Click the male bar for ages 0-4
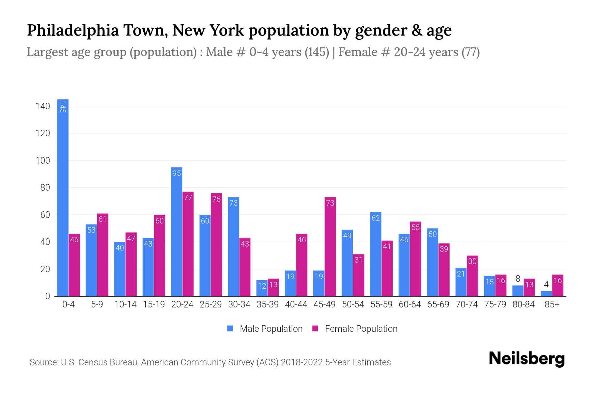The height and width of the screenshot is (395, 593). (x=63, y=197)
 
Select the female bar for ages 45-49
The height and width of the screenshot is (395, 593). (x=330, y=247)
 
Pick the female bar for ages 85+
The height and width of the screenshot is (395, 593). (x=558, y=286)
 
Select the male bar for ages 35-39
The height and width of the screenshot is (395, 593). (x=262, y=288)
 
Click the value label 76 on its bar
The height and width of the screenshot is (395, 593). (x=216, y=199)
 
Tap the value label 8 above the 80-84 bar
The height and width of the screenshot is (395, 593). (x=518, y=279)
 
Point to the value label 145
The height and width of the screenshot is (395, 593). (x=63, y=107)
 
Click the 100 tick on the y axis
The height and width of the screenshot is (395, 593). (x=43, y=161)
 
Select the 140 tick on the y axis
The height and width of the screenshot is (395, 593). (x=43, y=106)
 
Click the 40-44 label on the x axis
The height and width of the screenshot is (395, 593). (x=296, y=304)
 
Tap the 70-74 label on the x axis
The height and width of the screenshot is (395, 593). (x=466, y=304)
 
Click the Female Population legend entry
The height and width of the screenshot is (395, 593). (x=355, y=329)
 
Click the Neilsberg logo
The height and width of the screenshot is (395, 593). (x=526, y=359)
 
